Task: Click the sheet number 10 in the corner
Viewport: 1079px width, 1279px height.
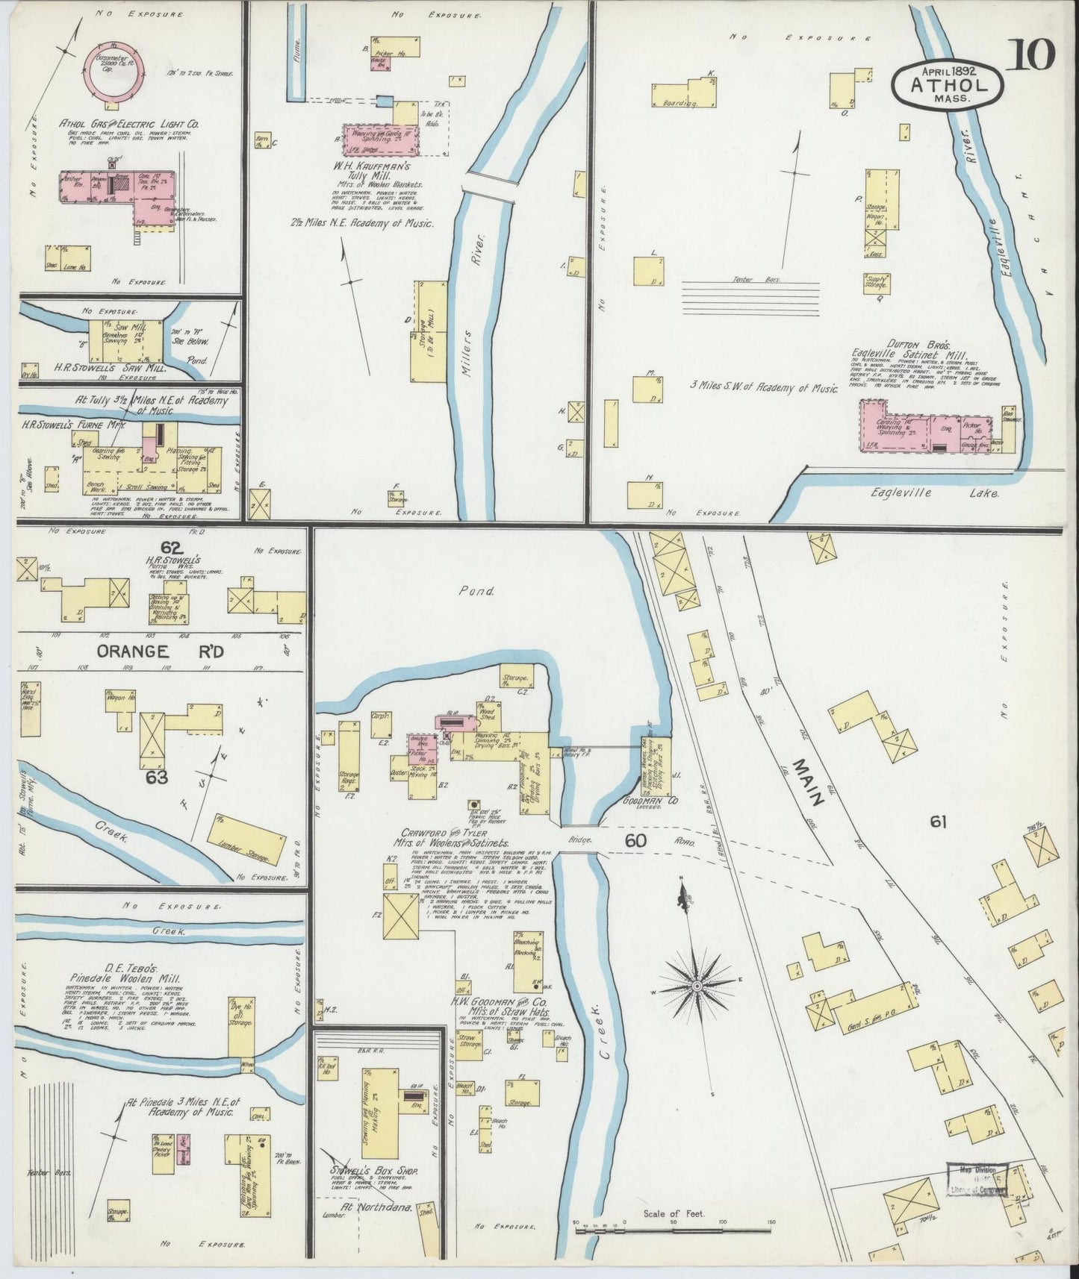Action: pos(1033,54)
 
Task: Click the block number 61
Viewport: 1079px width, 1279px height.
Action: pos(939,822)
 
